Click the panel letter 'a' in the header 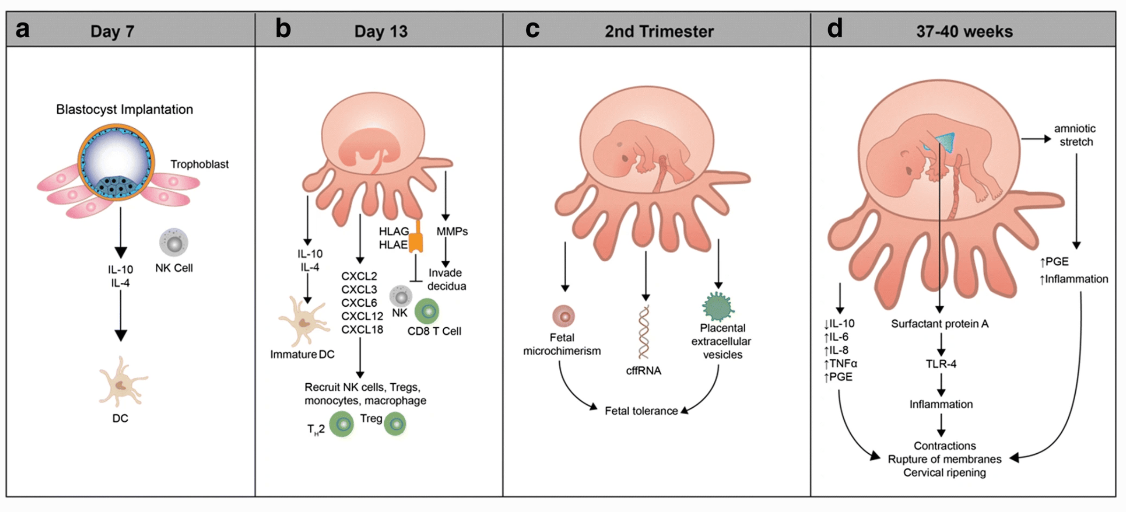[x=23, y=30]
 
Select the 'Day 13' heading [x=381, y=31]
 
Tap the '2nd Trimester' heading [x=659, y=31]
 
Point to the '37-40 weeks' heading [x=964, y=31]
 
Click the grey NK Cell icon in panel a [x=174, y=242]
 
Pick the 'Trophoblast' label [x=199, y=164]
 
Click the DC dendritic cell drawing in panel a [x=122, y=382]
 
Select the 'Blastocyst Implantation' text [x=124, y=109]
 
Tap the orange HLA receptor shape [x=416, y=240]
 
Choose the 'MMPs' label [x=452, y=231]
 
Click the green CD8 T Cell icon [x=427, y=311]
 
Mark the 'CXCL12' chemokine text [x=362, y=316]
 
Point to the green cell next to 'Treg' [x=395, y=424]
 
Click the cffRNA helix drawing [x=644, y=332]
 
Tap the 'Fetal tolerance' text [x=641, y=411]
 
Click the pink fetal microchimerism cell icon [x=563, y=316]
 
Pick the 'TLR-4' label [x=941, y=364]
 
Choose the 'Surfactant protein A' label [x=940, y=324]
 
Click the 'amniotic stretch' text [x=1075, y=135]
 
